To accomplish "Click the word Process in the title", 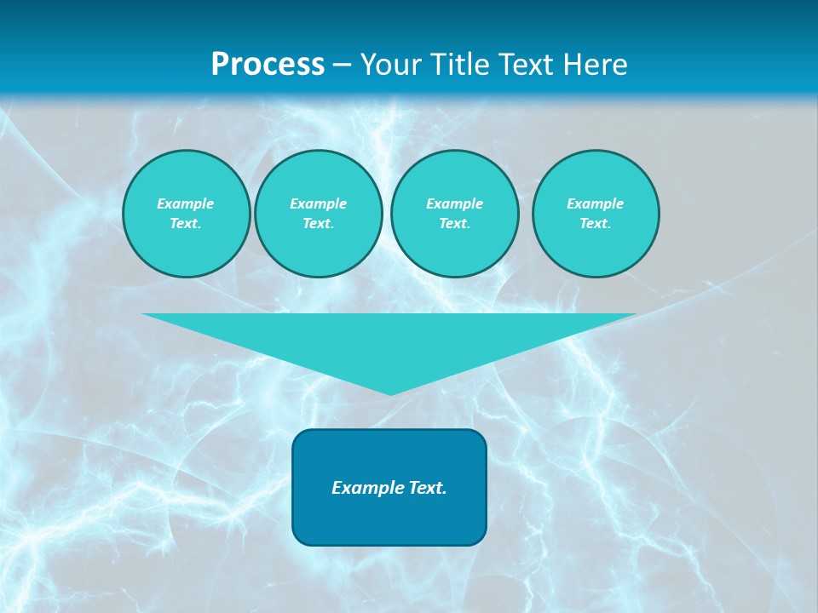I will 268,65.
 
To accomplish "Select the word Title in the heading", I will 461,65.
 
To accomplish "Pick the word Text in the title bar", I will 525,65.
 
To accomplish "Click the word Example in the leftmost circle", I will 186,203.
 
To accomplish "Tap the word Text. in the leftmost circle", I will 186,224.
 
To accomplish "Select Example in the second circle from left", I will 318,203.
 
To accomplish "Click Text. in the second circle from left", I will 318,224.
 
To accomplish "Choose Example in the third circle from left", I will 454,203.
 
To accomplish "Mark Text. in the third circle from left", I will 454,224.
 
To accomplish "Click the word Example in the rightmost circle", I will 595,203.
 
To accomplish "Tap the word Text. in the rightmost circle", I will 595,224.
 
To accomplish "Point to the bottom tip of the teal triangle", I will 390,393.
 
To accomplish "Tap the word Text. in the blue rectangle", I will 426,488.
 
